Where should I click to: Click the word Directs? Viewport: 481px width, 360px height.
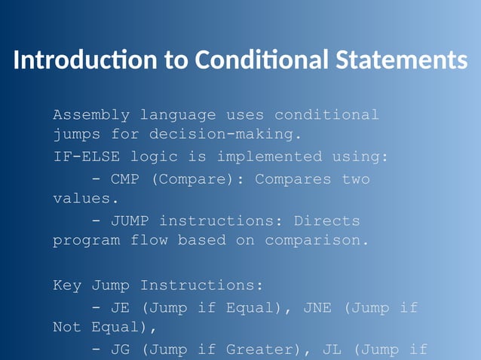point(326,221)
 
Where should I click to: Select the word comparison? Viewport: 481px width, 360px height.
point(317,241)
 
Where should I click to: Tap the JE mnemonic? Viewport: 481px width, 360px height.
point(121,308)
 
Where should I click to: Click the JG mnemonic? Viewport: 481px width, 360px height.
point(121,349)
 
